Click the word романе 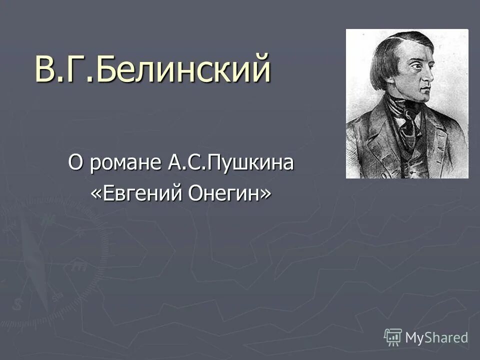[124, 164]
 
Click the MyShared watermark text [436, 337]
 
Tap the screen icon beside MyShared [393, 337]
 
